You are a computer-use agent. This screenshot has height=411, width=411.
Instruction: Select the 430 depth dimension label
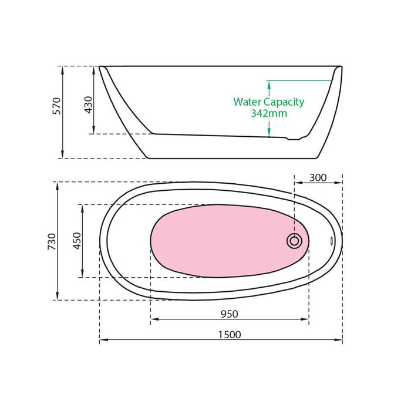tap(89, 103)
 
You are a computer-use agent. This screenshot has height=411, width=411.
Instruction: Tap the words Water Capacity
tap(269, 102)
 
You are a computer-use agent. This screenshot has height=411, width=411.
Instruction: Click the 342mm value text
tap(269, 113)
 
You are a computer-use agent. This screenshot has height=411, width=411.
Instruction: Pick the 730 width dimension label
tap(52, 241)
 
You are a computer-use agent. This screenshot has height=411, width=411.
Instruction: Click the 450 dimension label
tap(76, 241)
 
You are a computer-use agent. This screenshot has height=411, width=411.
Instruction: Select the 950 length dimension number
tap(230, 314)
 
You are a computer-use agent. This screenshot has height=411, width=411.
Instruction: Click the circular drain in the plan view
tap(294, 240)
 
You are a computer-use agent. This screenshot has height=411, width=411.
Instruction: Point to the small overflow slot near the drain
tap(331, 240)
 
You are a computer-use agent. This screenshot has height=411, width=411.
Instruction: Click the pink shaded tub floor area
tap(223, 241)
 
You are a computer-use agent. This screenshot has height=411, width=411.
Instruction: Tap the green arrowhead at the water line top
tap(269, 83)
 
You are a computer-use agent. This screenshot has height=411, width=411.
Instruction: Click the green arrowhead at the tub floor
tap(269, 133)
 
